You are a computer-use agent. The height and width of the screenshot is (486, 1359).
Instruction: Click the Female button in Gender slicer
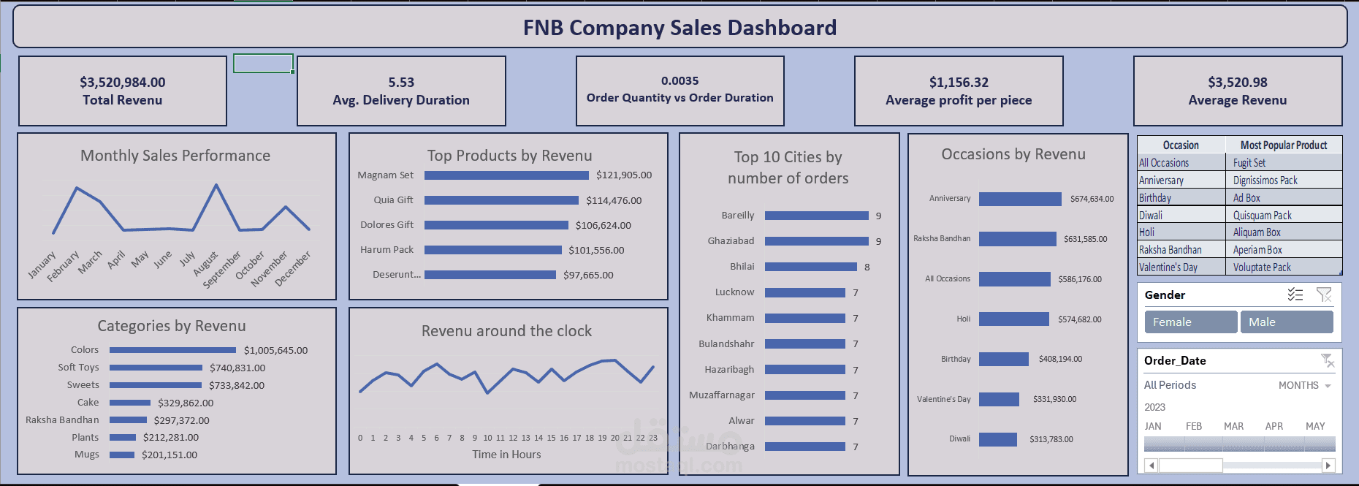[x=1190, y=322]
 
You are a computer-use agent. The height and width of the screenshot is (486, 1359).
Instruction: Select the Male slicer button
[x=1286, y=322]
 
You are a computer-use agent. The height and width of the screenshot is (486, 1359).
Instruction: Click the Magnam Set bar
[x=506, y=175]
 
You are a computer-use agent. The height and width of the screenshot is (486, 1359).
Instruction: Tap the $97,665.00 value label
[x=588, y=275]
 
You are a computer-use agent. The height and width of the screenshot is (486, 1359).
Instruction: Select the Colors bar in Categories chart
[x=172, y=350]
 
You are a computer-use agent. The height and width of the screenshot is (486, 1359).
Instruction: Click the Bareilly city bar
[x=816, y=216]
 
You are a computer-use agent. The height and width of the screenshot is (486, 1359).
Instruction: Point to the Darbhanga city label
[x=730, y=446]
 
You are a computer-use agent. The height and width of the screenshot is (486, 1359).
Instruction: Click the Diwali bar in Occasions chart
[x=997, y=439]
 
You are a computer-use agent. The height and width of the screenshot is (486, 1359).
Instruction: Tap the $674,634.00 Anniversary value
[x=1092, y=199]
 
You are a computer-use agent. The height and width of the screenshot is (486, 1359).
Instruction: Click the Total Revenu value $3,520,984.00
[x=123, y=83]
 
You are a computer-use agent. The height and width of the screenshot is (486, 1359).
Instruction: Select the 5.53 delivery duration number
[x=401, y=83]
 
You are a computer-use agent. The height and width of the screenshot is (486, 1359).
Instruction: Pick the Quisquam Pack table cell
[x=1262, y=215]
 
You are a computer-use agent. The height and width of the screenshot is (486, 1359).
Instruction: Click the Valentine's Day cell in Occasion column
[x=1168, y=267]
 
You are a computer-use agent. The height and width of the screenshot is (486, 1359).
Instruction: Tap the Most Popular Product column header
[x=1283, y=145]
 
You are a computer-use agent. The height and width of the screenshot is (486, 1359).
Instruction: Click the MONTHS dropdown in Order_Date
[x=1305, y=385]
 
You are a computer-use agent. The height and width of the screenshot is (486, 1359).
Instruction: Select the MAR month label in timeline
[x=1233, y=426]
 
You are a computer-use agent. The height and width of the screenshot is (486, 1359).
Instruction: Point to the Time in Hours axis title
[x=506, y=455]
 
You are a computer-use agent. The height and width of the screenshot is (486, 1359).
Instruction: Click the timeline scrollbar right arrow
[x=1328, y=466]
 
